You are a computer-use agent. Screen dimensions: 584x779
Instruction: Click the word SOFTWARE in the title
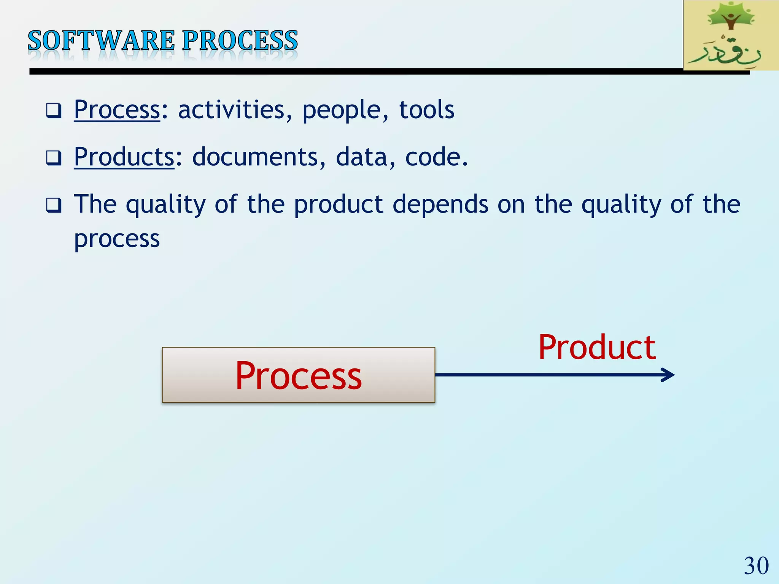(101, 41)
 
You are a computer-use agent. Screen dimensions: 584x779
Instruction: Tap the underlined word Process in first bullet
(117, 110)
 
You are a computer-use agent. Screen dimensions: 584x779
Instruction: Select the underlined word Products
(124, 157)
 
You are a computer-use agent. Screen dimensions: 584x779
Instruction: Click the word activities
(231, 110)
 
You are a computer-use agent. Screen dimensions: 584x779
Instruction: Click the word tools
(426, 110)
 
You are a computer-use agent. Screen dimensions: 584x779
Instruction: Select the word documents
(254, 157)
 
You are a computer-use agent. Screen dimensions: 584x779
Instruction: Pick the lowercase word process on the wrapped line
(117, 240)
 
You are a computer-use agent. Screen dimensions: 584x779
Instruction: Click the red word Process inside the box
(298, 376)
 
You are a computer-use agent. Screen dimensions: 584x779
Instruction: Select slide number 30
(756, 566)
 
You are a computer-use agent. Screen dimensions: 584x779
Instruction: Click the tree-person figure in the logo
(730, 17)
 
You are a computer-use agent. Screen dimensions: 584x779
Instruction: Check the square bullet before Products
(54, 158)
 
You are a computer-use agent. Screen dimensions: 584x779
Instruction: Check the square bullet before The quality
(54, 205)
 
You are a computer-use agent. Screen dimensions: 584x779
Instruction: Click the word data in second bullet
(361, 157)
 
